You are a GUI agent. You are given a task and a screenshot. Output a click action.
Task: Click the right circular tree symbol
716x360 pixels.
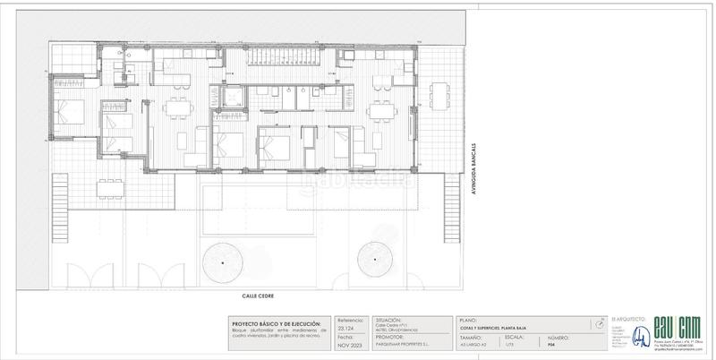372,261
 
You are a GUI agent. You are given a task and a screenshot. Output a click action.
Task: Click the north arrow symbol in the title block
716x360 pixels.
596,324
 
